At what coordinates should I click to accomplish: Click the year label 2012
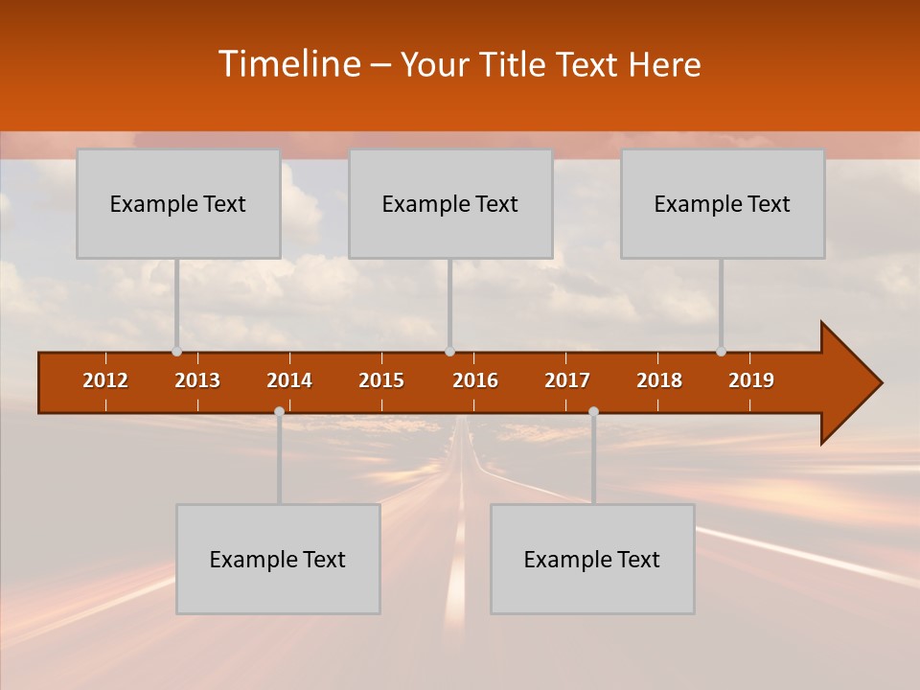coord(105,380)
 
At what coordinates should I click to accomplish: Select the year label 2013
coord(197,380)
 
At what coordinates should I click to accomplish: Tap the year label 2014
coord(289,380)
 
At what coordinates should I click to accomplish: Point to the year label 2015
coord(381,380)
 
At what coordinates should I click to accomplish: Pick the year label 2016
coord(475,380)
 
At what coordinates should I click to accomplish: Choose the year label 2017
coord(567,380)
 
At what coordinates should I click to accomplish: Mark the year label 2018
coord(659,380)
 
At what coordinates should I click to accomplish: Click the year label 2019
coord(751,380)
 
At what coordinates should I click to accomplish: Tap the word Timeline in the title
coord(287,64)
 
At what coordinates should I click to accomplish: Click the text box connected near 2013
coord(178,203)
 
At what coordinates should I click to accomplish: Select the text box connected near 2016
coord(450,203)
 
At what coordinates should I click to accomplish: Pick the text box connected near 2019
coord(723,203)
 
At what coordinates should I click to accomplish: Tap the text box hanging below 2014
coord(278,559)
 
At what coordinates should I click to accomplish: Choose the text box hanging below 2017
coord(592,559)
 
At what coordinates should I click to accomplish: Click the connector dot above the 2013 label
coord(176,352)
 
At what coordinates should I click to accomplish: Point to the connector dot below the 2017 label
coord(593,411)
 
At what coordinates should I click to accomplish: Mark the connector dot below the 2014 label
coord(279,411)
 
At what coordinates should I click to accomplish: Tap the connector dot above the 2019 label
coord(721,352)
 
